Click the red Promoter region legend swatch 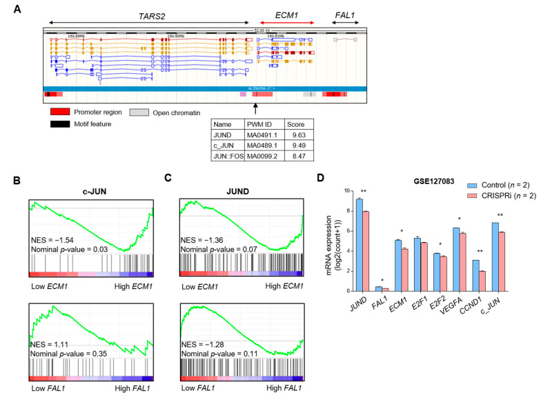pos(62,112)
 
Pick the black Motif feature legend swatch pos(62,124)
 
